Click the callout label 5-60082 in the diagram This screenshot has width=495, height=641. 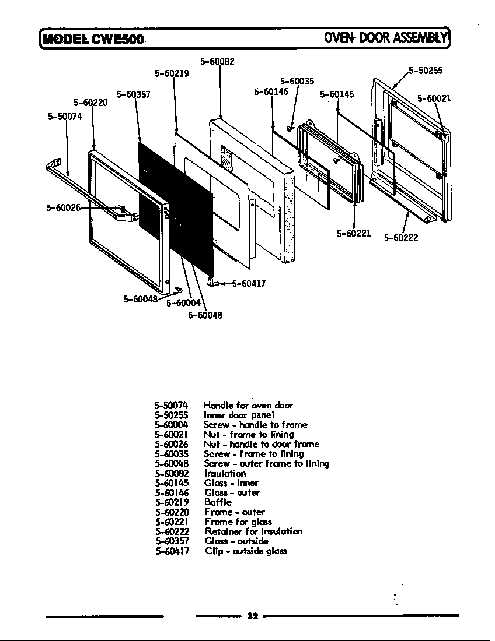click(217, 61)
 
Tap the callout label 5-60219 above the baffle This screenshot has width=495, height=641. click(172, 73)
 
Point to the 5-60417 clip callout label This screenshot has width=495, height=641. click(249, 284)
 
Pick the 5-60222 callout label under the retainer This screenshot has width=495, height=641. click(400, 238)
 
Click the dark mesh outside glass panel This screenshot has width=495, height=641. click(175, 204)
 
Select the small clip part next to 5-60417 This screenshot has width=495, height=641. click(212, 283)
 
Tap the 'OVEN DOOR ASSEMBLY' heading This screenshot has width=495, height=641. click(385, 38)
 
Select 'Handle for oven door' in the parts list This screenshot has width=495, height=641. click(248, 405)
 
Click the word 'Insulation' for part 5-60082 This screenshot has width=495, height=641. click(225, 473)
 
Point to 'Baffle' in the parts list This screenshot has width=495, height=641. click(218, 502)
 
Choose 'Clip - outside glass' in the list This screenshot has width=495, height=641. click(246, 551)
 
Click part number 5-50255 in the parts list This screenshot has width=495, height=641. click(171, 415)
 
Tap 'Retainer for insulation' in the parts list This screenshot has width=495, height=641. click(253, 531)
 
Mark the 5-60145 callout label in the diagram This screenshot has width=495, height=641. click(337, 94)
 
